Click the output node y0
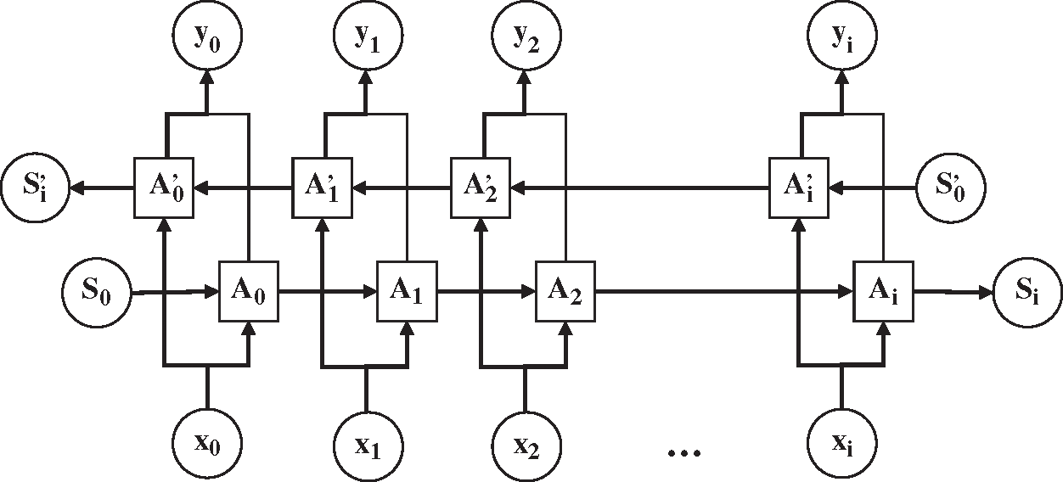[207, 35]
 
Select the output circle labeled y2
[526, 35]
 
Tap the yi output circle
[842, 35]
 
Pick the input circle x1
[368, 446]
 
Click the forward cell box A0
[248, 291]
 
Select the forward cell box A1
[407, 291]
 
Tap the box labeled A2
[565, 291]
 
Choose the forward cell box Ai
[884, 291]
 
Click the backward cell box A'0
[164, 188]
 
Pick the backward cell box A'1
[323, 188]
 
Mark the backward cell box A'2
[481, 188]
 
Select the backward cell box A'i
[799, 188]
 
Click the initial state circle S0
[97, 293]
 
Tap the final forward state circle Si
[1027, 292]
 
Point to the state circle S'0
[951, 188]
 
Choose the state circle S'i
[36, 188]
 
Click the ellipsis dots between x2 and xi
[683, 453]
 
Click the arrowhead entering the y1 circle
[366, 77]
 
